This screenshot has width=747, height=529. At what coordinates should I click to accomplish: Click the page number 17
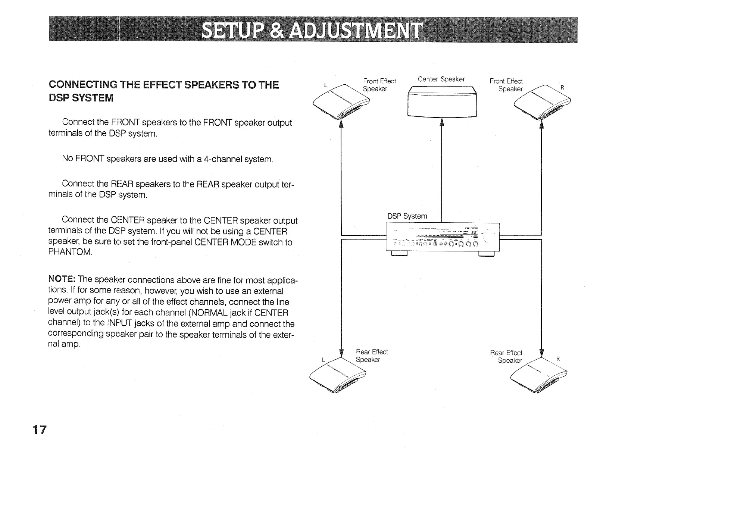[x=39, y=430]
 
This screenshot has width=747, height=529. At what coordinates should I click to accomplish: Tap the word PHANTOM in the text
[x=70, y=252]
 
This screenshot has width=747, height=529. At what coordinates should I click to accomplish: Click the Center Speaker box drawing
[x=442, y=102]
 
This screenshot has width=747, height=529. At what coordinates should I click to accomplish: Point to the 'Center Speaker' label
[x=441, y=79]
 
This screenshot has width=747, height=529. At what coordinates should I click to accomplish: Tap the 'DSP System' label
[x=407, y=216]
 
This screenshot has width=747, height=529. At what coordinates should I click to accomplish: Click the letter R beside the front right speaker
[x=562, y=88]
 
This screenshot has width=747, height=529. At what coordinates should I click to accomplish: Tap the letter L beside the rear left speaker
[x=323, y=360]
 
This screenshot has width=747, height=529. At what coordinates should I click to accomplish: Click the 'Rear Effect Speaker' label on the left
[x=371, y=356]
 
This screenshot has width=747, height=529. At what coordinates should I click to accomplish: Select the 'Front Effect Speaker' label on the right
[x=506, y=85]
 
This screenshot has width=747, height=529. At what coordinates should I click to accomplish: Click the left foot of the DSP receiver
[x=399, y=254]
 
